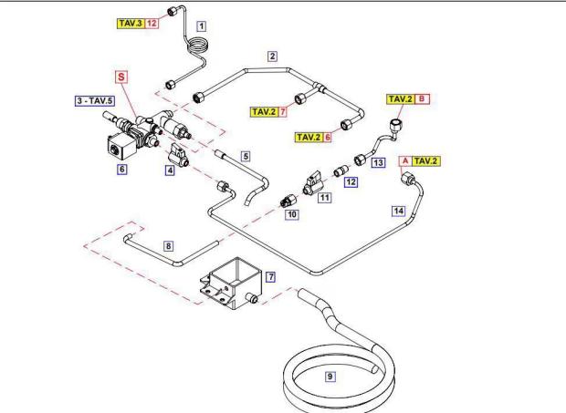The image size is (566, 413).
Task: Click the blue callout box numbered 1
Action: (x=202, y=26)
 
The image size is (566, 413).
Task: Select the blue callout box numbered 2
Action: (x=272, y=56)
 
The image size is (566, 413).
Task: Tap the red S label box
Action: (x=121, y=78)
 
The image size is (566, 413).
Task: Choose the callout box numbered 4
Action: (x=170, y=169)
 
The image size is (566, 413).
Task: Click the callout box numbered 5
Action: (x=246, y=157)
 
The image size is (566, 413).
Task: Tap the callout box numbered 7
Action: (x=270, y=274)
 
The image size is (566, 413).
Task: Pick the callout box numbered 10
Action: (x=292, y=213)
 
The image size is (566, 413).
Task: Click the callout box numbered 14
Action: (x=397, y=211)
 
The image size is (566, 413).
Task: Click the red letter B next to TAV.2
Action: (x=421, y=98)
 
